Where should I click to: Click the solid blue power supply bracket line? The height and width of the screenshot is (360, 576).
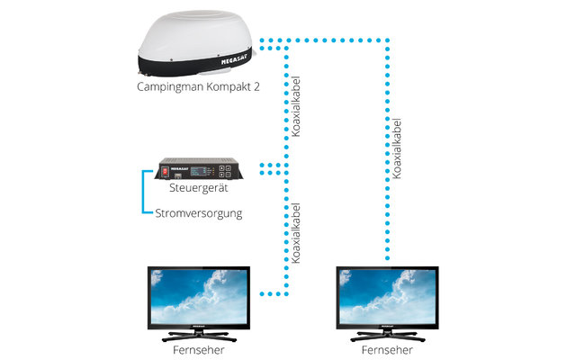tap(142, 191)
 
